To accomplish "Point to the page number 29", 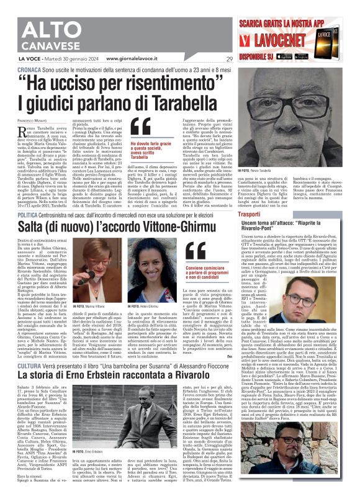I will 230,60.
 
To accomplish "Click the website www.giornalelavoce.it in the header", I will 137,60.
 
